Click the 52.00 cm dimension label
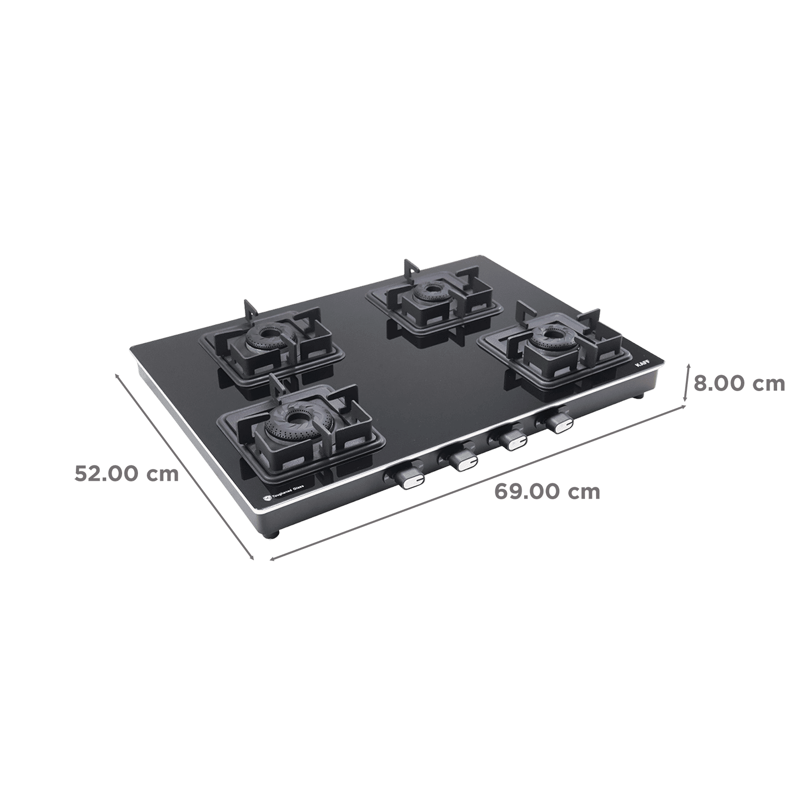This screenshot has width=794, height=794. [127, 474]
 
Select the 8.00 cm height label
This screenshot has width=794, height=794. [739, 384]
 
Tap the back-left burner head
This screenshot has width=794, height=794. [268, 334]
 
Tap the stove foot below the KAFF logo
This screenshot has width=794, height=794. [642, 397]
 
